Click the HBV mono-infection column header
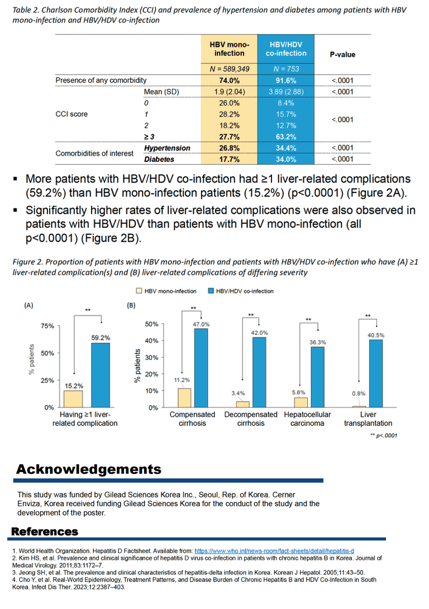pyautogui.click(x=229, y=49)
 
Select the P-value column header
pyautogui.click(x=342, y=55)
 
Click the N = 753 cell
pyautogui.click(x=286, y=69)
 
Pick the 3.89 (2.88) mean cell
pyautogui.click(x=286, y=92)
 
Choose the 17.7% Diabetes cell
pyautogui.click(x=229, y=159)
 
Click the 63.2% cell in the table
pyautogui.click(x=286, y=137)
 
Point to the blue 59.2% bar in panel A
pyautogui.click(x=101, y=375)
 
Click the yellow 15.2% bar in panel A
pyautogui.click(x=73, y=399)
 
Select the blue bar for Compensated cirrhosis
pyautogui.click(x=201, y=368)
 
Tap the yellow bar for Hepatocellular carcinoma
pyautogui.click(x=301, y=402)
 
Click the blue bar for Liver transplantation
pyautogui.click(x=376, y=373)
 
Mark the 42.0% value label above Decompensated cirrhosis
pyautogui.click(x=259, y=333)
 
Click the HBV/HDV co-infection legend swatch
pyautogui.click(x=211, y=291)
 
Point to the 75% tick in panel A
pyautogui.click(x=47, y=326)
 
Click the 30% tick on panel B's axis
pyautogui.click(x=151, y=357)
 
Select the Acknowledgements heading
pyautogui.click(x=89, y=469)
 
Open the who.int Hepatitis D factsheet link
pyautogui.click(x=274, y=551)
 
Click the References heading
pyautogui.click(x=45, y=531)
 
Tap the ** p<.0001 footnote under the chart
pyautogui.click(x=384, y=435)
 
